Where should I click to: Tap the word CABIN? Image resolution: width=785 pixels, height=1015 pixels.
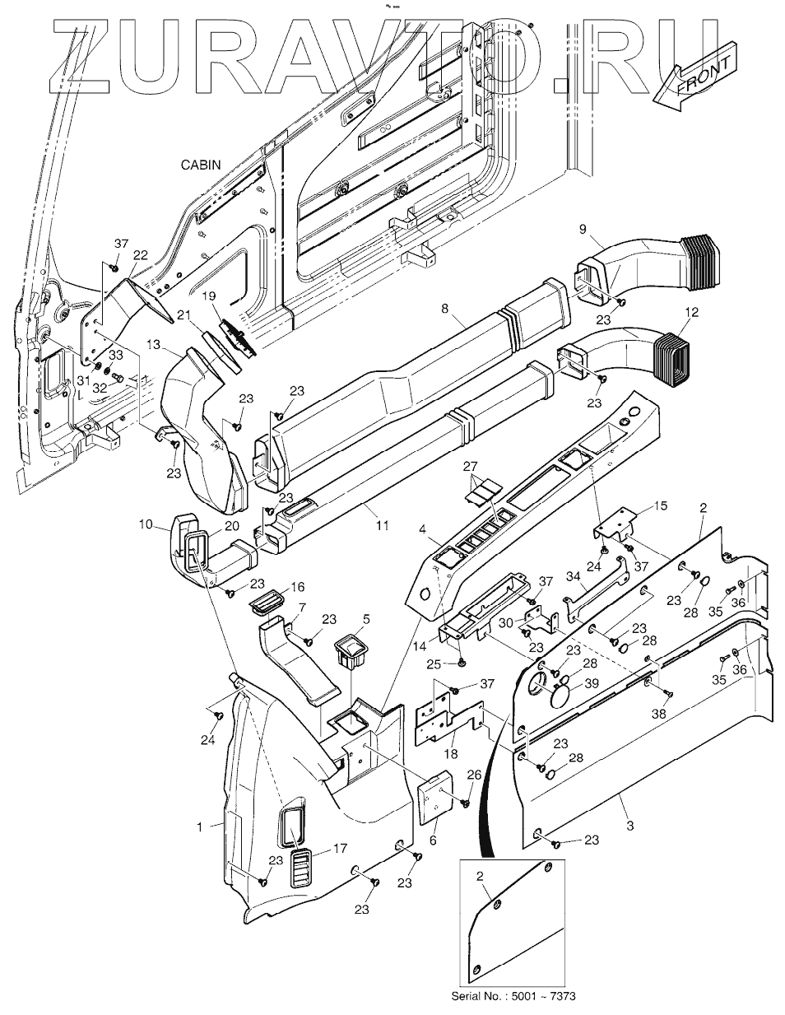click(201, 165)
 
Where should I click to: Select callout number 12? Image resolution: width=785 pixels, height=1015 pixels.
click(692, 312)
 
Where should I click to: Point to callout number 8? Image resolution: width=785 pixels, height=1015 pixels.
click(444, 308)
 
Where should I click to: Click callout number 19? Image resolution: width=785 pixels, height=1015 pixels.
click(210, 296)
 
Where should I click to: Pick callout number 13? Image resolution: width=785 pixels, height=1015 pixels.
click(153, 344)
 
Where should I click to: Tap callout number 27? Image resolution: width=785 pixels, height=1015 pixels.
click(471, 466)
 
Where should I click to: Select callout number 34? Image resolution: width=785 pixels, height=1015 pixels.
click(574, 577)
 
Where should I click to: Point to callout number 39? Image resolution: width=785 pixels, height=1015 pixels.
click(592, 683)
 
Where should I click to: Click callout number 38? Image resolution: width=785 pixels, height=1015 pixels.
click(659, 713)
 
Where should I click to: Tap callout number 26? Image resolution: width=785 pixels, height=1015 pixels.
click(474, 775)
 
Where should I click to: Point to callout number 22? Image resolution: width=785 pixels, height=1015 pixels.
click(140, 255)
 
